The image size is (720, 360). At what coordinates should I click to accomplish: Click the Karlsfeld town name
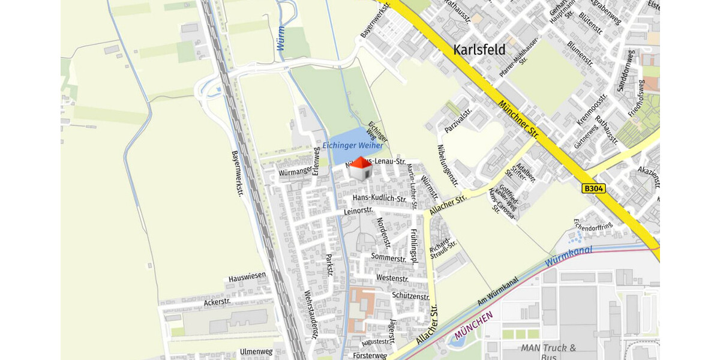479,49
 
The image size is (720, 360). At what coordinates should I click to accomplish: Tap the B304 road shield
593,188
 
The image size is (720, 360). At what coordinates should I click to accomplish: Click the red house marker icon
359,169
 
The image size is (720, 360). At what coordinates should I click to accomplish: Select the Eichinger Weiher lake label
353,146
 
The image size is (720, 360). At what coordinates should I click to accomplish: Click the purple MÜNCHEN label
473,326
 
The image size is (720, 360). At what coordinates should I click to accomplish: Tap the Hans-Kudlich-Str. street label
380,199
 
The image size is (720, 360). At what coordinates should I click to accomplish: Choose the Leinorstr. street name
359,211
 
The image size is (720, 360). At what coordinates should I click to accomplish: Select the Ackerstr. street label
217,302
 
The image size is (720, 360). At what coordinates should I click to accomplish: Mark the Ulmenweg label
256,352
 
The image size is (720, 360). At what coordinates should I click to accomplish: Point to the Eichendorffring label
593,226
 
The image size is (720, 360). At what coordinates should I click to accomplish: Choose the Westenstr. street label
392,278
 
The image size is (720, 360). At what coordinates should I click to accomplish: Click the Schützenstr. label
410,296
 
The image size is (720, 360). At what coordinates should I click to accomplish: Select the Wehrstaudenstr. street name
310,314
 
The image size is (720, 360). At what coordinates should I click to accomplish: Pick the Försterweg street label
370,356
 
